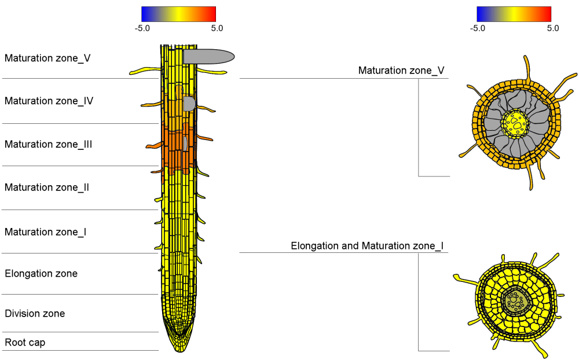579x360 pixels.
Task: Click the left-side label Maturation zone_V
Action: [x=47, y=58]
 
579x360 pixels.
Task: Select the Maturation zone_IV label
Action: [x=49, y=101]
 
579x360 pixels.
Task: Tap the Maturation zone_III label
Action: [x=49, y=144]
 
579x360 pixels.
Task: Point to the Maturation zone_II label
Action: [x=47, y=188]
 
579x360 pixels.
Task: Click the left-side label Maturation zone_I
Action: [x=46, y=232]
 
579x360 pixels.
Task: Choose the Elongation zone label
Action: [x=41, y=273]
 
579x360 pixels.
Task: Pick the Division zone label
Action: [x=35, y=314]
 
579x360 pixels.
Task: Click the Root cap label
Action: [x=25, y=343]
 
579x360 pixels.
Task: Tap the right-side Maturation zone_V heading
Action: [x=401, y=71]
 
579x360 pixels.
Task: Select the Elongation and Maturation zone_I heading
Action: [x=367, y=246]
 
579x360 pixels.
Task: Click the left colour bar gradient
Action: [x=178, y=14]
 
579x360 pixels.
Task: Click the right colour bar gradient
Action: [x=514, y=14]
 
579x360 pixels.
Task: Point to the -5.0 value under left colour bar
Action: [x=142, y=28]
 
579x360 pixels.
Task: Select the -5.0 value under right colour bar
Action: [x=478, y=28]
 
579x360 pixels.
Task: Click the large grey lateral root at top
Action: [x=208, y=56]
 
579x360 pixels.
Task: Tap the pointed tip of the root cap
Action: [x=179, y=350]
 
